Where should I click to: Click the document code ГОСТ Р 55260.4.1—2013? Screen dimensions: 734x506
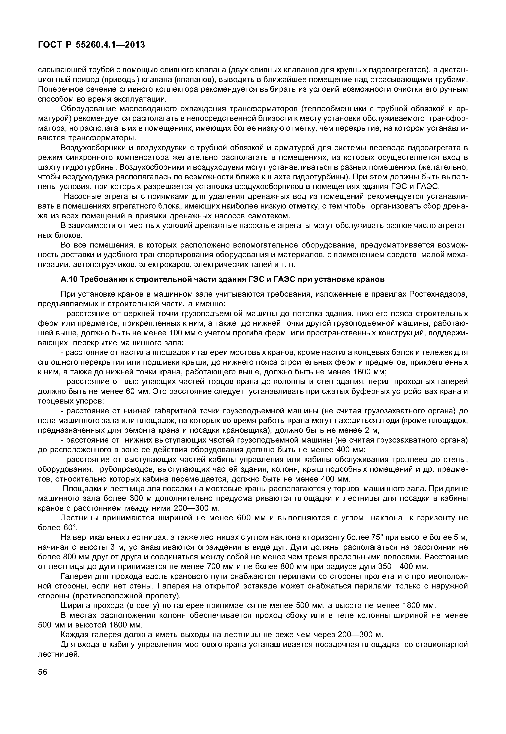tap(91, 45)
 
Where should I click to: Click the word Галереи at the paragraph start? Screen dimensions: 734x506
tap(75, 576)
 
